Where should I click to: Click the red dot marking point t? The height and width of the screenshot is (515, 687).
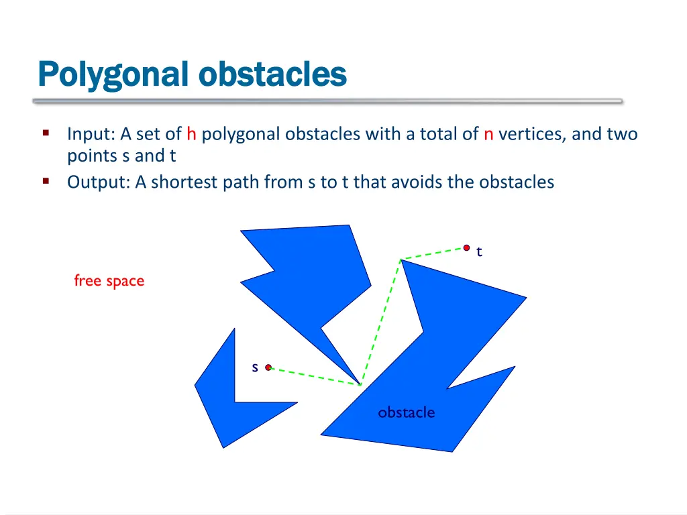click(x=466, y=247)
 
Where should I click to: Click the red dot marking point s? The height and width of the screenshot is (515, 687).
click(x=268, y=367)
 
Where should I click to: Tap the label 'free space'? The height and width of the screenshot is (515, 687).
click(x=109, y=280)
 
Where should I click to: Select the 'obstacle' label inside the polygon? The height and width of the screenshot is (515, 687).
click(x=406, y=412)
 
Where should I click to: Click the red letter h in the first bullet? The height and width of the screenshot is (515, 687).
click(x=191, y=135)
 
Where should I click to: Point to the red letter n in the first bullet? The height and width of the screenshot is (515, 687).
click(x=488, y=135)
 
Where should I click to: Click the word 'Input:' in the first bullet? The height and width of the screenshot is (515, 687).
click(x=91, y=135)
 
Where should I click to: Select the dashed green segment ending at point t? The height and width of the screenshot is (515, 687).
click(x=433, y=253)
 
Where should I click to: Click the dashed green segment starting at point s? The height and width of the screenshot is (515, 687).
click(x=314, y=376)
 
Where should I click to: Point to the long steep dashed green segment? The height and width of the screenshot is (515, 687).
click(x=381, y=321)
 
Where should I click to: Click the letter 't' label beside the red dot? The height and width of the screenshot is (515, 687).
click(x=479, y=252)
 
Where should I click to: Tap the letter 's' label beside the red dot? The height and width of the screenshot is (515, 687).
click(x=255, y=367)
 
